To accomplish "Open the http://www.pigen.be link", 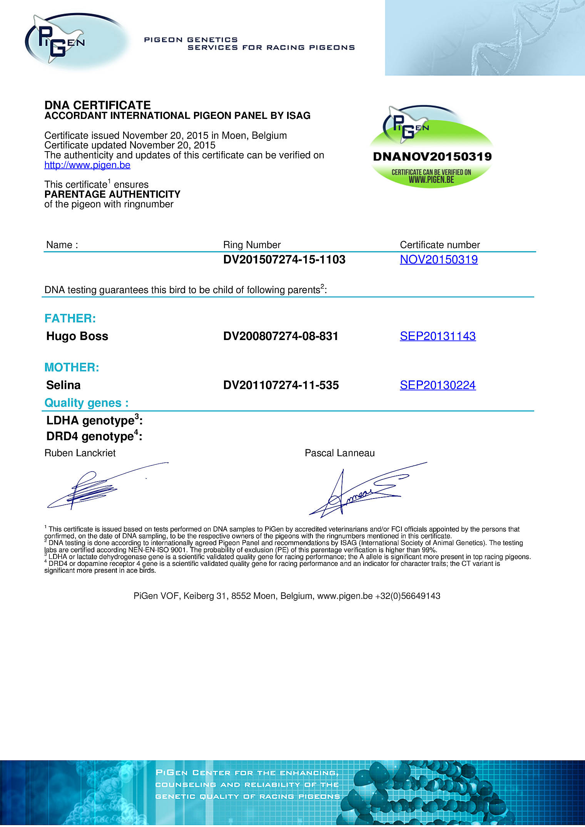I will click(x=87, y=165).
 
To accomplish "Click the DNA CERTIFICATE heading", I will click(x=97, y=105).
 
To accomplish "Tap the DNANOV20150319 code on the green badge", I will click(x=432, y=157).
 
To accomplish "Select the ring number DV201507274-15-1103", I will click(x=284, y=260).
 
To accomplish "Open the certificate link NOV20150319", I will click(x=439, y=260).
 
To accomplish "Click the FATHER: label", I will click(x=70, y=318).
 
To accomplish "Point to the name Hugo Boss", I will click(x=77, y=336).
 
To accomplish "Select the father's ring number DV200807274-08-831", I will click(x=281, y=336).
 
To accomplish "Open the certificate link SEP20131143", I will click(x=438, y=336).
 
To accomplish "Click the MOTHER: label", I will click(x=72, y=367).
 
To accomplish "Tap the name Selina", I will click(x=63, y=385).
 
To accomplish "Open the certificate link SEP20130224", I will click(x=438, y=385).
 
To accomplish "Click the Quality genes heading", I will click(x=86, y=403).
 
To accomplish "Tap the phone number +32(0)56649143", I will click(x=408, y=596).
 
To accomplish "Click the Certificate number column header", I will click(x=440, y=245).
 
